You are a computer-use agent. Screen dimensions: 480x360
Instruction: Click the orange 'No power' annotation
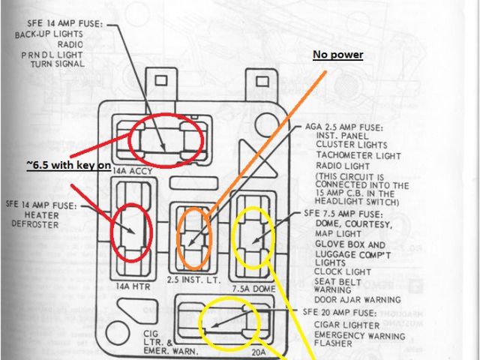click(x=337, y=55)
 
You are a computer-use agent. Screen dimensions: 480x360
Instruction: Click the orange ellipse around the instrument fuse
click(x=194, y=238)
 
